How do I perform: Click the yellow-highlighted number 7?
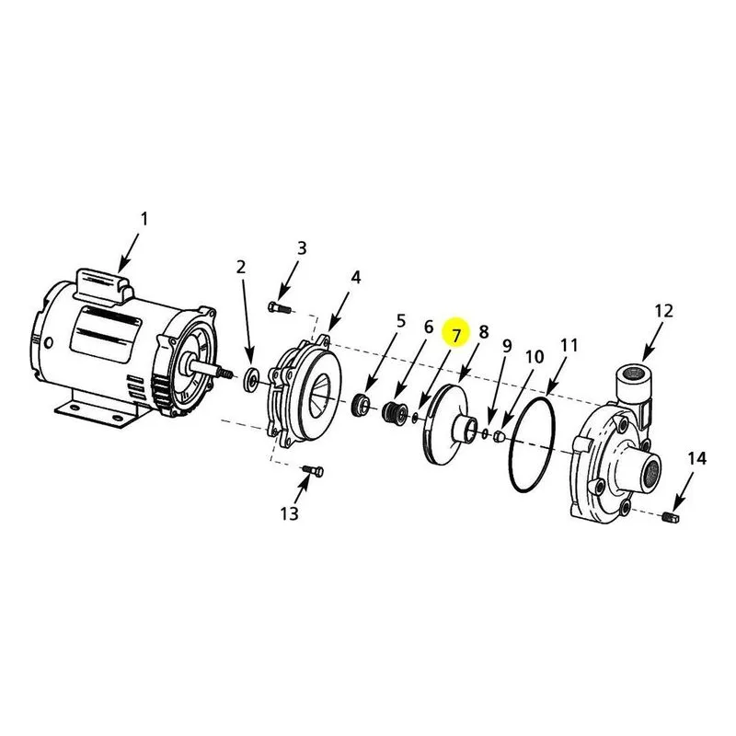coord(456,335)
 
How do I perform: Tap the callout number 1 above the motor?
coord(144,219)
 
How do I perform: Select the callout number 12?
coord(663,311)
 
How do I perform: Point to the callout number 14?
coord(697,458)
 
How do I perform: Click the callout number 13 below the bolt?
coord(290,513)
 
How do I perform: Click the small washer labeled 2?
coord(252,379)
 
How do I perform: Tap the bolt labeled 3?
coord(280,308)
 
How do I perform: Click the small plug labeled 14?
coord(673,517)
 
